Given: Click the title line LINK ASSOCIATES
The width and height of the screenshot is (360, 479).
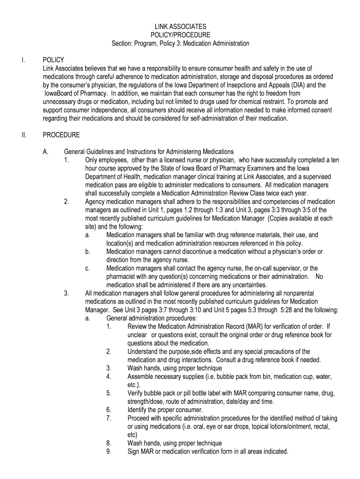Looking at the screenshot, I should click(180, 27).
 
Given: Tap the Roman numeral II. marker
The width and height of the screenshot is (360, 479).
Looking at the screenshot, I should click(23, 135).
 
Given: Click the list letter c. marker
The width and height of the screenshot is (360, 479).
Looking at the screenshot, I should click(88, 268).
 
